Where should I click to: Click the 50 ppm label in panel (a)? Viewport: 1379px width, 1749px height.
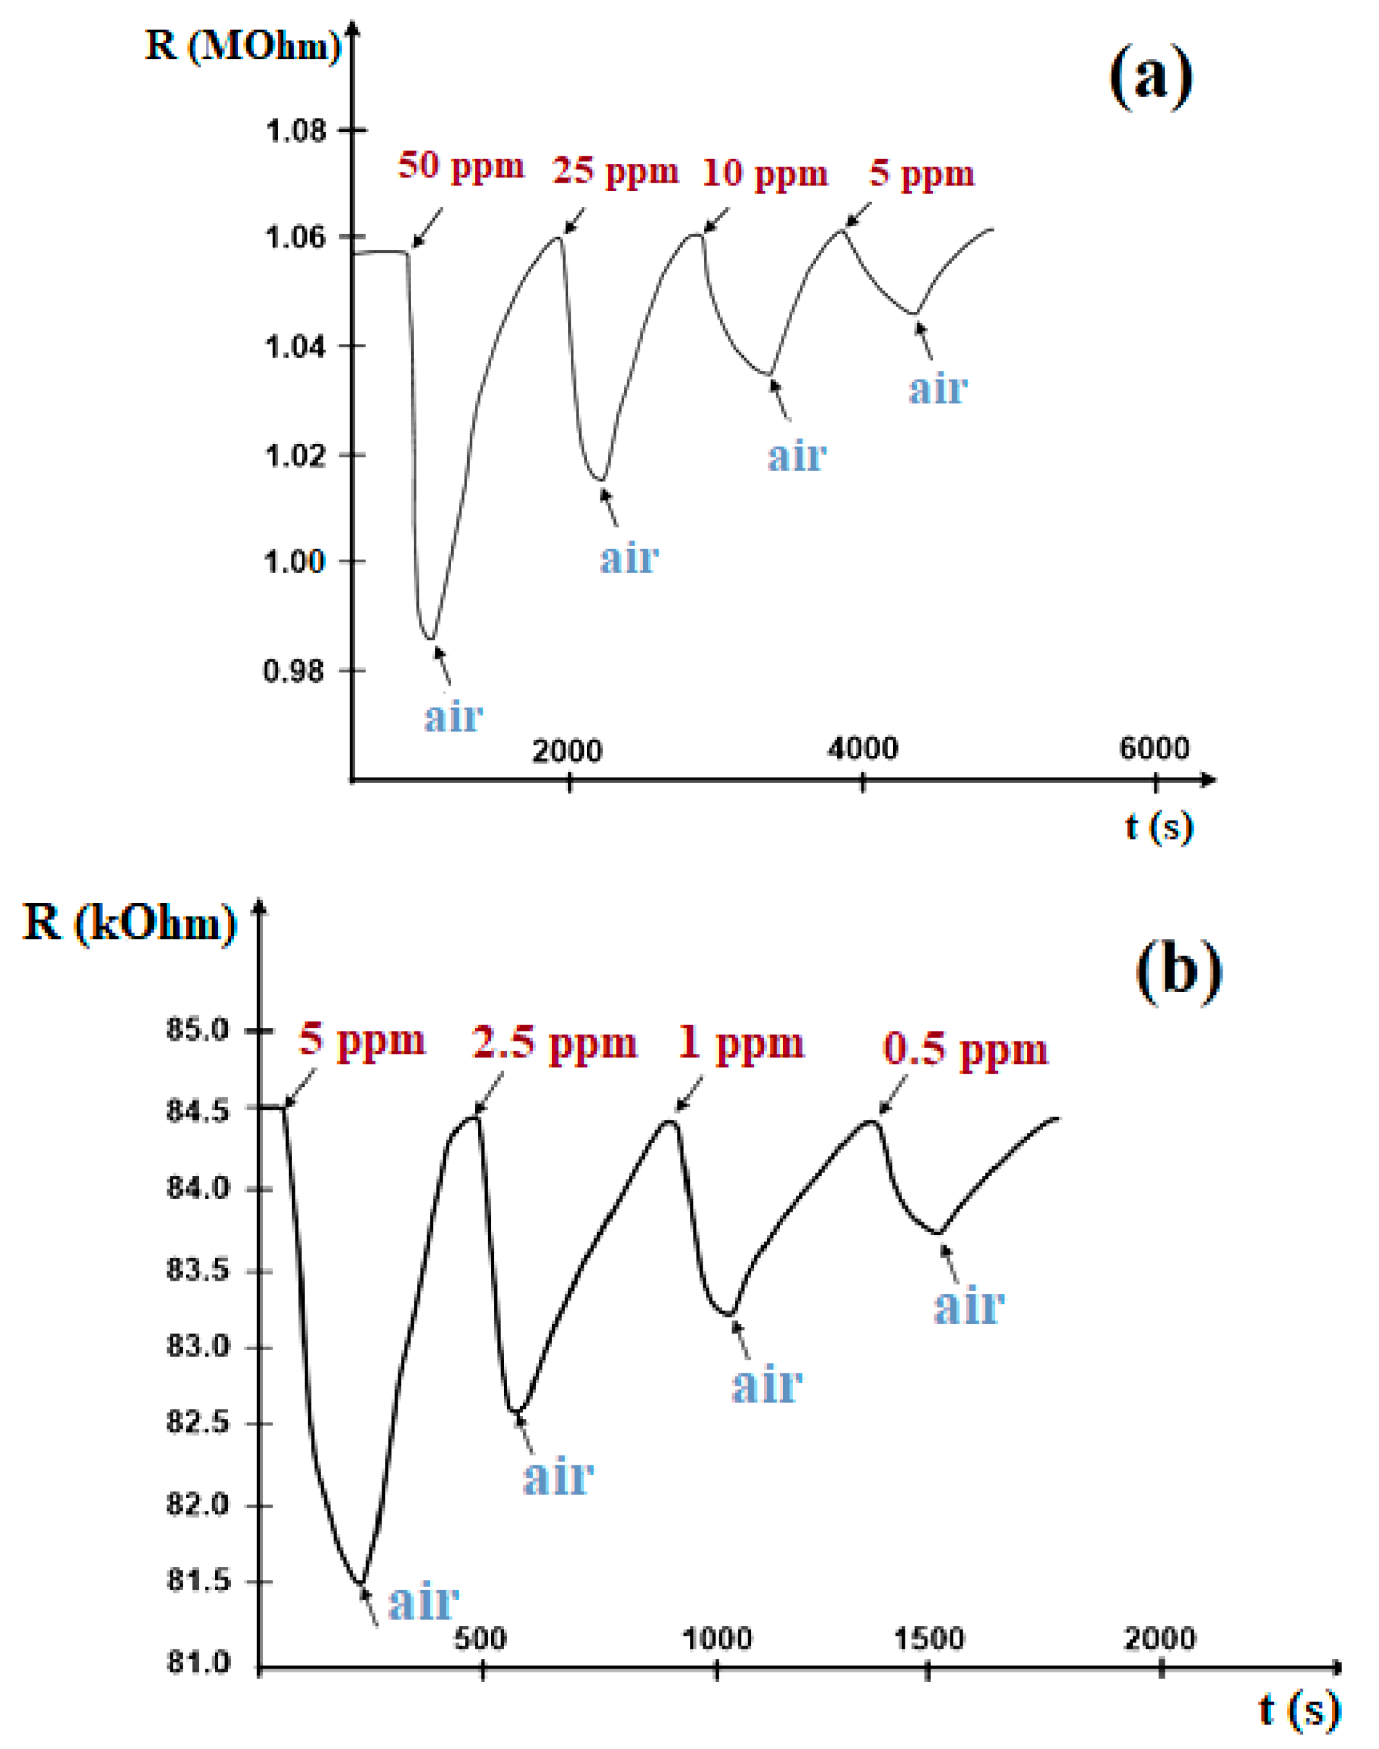(x=460, y=166)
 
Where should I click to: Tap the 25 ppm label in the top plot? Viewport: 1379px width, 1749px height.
(x=615, y=171)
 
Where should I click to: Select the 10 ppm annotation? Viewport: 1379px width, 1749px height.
(x=764, y=174)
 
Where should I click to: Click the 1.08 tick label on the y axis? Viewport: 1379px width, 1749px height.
(x=295, y=130)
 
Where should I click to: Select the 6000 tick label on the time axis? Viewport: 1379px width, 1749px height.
(x=1154, y=748)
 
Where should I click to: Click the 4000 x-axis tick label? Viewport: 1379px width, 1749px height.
(x=862, y=748)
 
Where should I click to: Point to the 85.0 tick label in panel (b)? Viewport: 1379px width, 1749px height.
(x=198, y=1030)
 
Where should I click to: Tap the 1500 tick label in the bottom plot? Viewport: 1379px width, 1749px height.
(x=929, y=1638)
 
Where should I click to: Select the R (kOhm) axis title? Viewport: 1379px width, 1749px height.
(x=130, y=922)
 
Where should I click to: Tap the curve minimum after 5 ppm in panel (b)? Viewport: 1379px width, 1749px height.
(x=361, y=1584)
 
